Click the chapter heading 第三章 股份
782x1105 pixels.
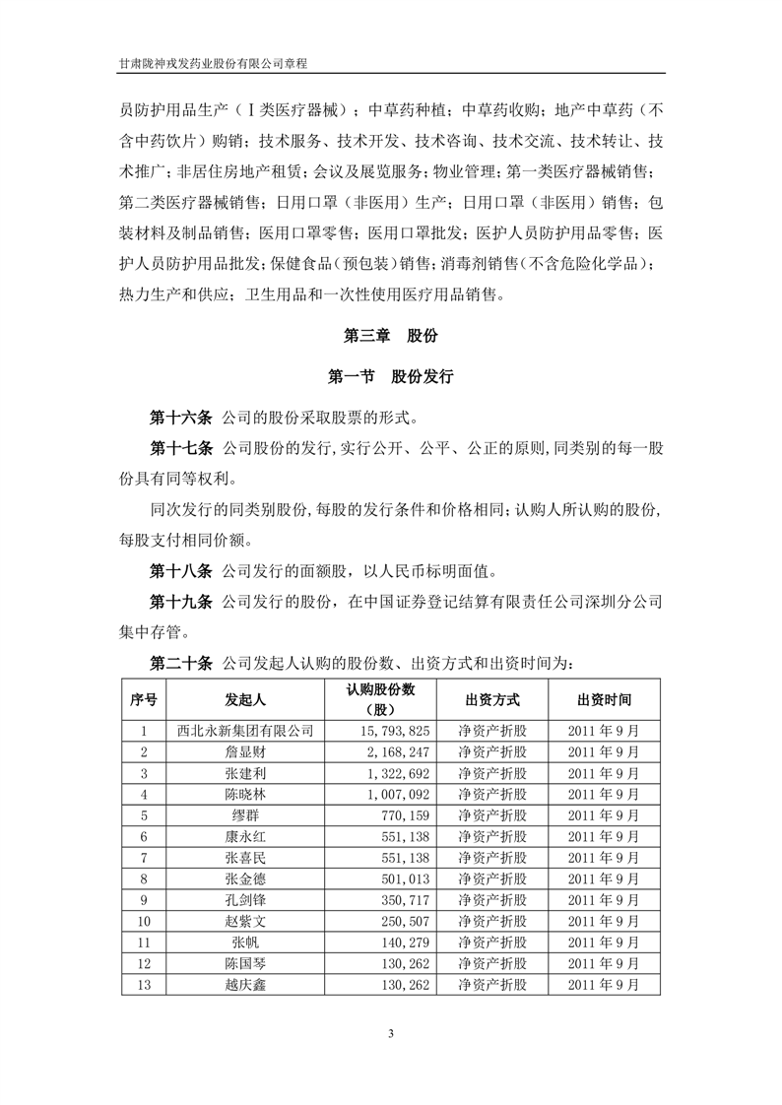[390, 335]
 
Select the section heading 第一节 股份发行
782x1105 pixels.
[390, 375]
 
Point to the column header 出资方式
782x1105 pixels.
[491, 699]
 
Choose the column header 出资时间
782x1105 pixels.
[604, 699]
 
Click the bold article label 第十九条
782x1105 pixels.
[180, 599]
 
